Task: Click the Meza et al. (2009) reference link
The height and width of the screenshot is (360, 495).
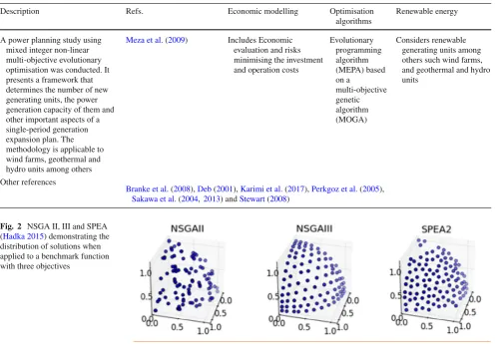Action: pos(157,40)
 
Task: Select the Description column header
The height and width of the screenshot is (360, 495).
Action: pos(20,11)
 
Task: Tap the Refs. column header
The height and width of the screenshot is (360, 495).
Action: pos(135,11)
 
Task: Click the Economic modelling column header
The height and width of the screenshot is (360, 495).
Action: pos(262,11)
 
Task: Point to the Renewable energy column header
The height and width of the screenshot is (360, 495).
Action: pos(427,12)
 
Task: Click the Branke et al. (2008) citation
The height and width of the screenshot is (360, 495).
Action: pos(159,189)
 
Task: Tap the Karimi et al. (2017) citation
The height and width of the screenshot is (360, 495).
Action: pos(273,189)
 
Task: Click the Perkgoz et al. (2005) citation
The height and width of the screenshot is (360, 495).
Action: pos(347,189)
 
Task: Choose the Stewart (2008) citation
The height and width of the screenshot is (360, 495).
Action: pos(264,199)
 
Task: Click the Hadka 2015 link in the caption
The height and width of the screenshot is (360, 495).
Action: pos(24,236)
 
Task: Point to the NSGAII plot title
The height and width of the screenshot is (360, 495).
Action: pos(188,228)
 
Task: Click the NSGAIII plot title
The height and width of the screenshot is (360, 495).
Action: pos(314,228)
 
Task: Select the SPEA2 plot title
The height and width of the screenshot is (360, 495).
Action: pos(436,229)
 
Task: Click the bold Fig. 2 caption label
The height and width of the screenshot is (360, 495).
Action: pos(11,226)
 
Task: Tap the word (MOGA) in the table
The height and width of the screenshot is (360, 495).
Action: pos(351,120)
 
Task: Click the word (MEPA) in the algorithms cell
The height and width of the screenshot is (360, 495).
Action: pos(349,70)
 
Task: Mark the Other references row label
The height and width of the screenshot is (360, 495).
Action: pos(28,182)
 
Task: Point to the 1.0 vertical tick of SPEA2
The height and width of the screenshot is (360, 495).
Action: pos(395,272)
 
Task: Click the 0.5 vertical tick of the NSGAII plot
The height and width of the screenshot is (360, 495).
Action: pos(146,296)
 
